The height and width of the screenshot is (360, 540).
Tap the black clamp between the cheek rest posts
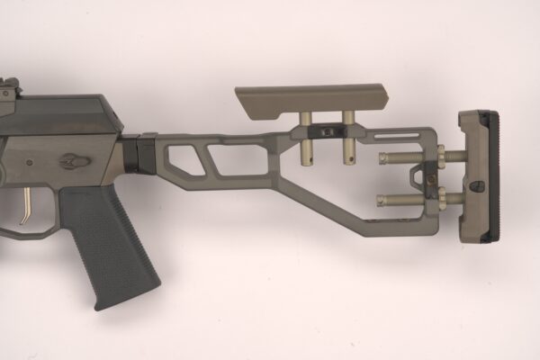tap(326, 131)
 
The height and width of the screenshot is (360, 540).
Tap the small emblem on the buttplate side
tap(477, 186)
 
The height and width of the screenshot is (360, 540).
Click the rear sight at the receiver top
tap(9, 87)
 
